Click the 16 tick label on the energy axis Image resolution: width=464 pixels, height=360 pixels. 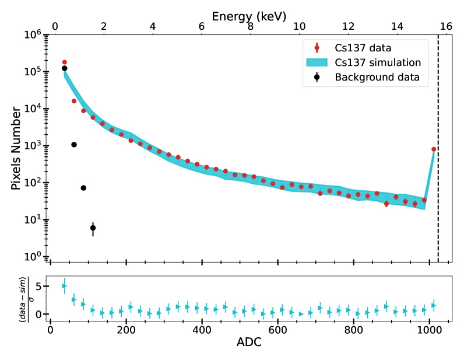click(x=446, y=27)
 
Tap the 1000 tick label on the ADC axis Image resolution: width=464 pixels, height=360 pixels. click(x=429, y=328)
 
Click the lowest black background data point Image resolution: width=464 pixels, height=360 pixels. click(x=93, y=228)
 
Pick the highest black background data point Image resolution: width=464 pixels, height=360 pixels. click(x=64, y=68)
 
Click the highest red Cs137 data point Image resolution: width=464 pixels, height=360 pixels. click(x=64, y=62)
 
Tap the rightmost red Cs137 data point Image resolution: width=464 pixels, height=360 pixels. click(x=434, y=149)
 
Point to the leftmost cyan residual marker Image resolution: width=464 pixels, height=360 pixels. click(x=64, y=286)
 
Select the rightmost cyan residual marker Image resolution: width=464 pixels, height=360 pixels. click(x=434, y=305)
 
